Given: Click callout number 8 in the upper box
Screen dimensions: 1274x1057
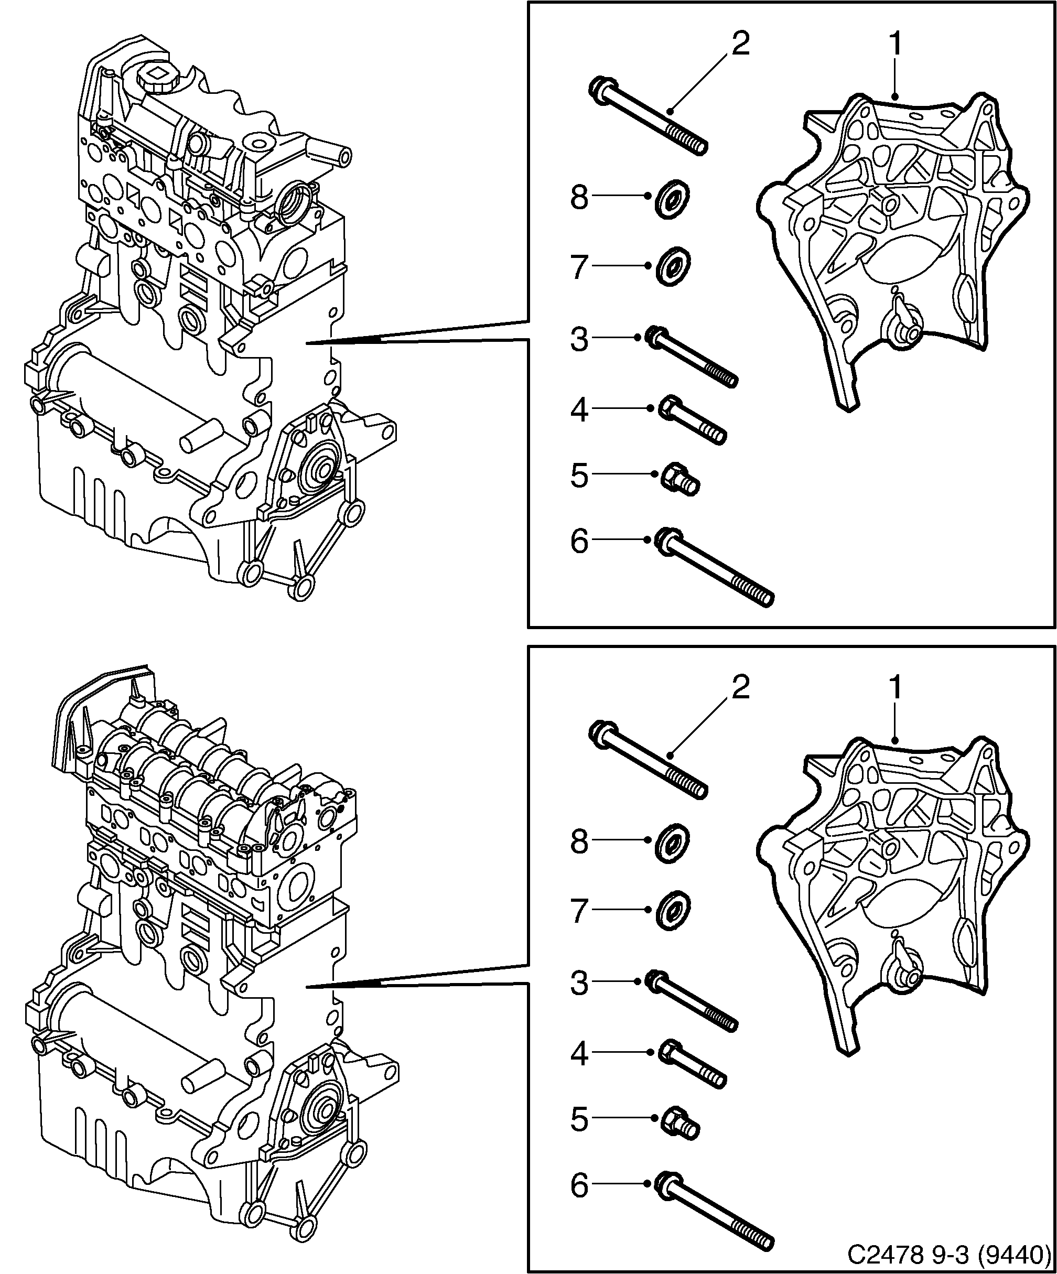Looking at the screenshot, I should coord(579,198).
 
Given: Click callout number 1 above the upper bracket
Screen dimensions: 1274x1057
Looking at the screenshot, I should coord(896,46).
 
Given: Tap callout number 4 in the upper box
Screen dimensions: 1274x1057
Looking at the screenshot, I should coord(579,411).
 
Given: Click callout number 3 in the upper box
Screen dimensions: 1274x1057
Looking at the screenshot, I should coord(579,340).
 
